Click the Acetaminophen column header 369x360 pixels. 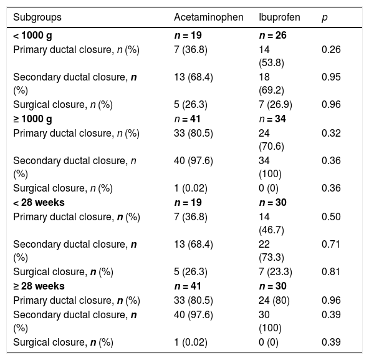[x=209, y=17]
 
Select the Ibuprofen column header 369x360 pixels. [x=279, y=17]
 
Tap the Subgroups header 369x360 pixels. [x=37, y=17]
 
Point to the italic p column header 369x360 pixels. [x=325, y=18]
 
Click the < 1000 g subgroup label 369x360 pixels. [x=32, y=36]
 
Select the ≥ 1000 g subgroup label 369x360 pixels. [x=32, y=119]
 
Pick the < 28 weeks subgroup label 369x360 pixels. [x=39, y=202]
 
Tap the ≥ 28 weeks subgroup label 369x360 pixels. [x=39, y=286]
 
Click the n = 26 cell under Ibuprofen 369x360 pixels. [x=272, y=36]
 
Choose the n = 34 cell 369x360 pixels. [x=272, y=119]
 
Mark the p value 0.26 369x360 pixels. [x=331, y=49]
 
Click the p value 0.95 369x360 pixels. [x=331, y=77]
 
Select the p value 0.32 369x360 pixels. [x=331, y=133]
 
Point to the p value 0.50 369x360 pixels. [x=331, y=216]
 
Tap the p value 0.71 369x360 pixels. [x=330, y=245]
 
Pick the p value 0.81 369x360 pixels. [x=330, y=271]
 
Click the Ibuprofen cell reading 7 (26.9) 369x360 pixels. [x=276, y=105]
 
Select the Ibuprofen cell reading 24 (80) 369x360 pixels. [x=274, y=300]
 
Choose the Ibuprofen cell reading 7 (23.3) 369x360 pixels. [x=276, y=271]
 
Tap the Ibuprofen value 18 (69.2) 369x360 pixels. [x=271, y=84]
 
